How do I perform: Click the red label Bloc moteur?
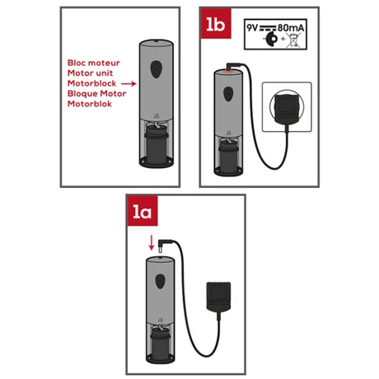pyautogui.click(x=94, y=63)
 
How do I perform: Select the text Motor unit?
pyautogui.click(x=90, y=73)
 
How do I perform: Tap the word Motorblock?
pyautogui.click(x=91, y=83)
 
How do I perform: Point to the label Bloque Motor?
pyautogui.click(x=96, y=94)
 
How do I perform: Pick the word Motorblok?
pyautogui.click(x=90, y=104)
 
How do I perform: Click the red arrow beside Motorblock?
pyautogui.click(x=129, y=83)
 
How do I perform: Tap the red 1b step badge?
pyautogui.click(x=216, y=24)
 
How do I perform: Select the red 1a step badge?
pyautogui.click(x=143, y=211)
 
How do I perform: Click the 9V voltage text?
pyautogui.click(x=252, y=28)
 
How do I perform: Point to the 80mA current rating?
pyautogui.click(x=291, y=28)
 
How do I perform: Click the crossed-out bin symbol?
pyautogui.click(x=293, y=40)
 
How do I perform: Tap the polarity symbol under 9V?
pyautogui.click(x=270, y=40)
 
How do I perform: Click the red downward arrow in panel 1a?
pyautogui.click(x=152, y=242)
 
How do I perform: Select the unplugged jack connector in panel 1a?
pyautogui.click(x=164, y=246)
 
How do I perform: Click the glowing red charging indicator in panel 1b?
pyautogui.click(x=228, y=71)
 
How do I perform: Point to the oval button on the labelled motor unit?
pyautogui.click(x=156, y=69)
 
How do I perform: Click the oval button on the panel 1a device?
pyautogui.click(x=160, y=281)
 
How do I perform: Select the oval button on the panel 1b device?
pyautogui.click(x=228, y=94)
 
